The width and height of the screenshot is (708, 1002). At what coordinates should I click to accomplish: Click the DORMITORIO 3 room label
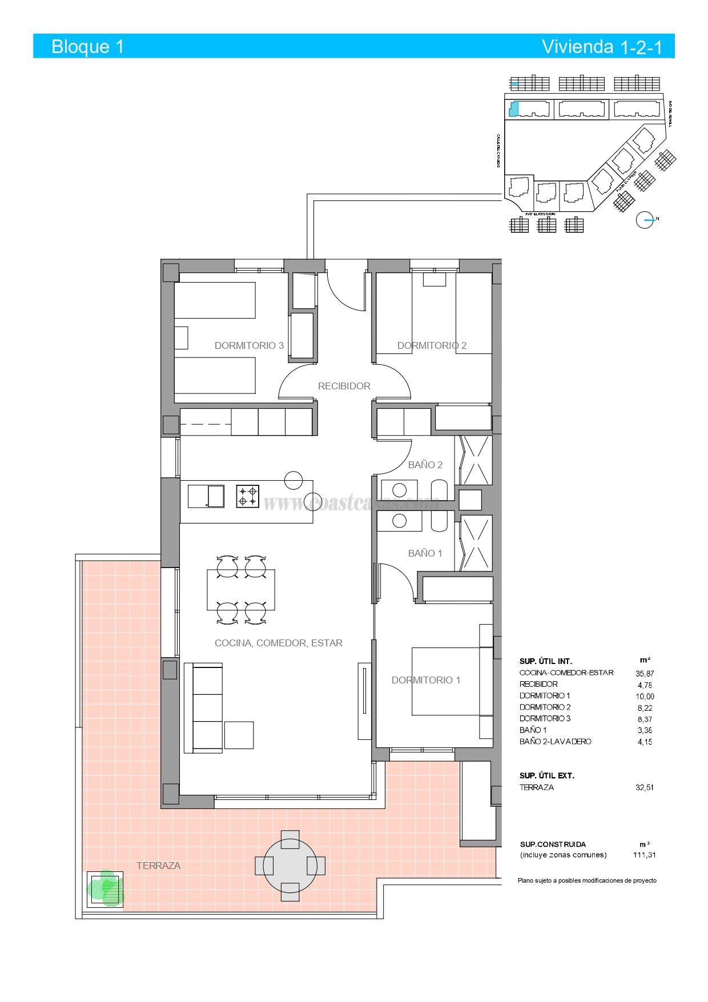pyautogui.click(x=249, y=345)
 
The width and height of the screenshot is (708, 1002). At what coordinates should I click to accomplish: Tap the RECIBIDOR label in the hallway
pyautogui.click(x=344, y=386)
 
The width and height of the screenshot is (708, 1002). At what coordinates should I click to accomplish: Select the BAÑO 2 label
pyautogui.click(x=425, y=465)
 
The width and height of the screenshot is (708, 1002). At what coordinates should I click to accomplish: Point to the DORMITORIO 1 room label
pyautogui.click(x=426, y=680)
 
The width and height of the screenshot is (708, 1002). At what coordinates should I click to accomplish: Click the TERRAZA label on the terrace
pyautogui.click(x=159, y=866)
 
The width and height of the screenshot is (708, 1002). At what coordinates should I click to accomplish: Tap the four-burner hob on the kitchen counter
pyautogui.click(x=248, y=496)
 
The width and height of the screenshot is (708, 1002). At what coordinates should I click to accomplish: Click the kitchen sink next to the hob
pyautogui.click(x=207, y=496)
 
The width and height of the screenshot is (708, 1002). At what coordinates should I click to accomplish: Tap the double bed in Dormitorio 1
pyautogui.click(x=445, y=681)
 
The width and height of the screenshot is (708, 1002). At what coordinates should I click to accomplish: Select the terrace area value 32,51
pyautogui.click(x=645, y=787)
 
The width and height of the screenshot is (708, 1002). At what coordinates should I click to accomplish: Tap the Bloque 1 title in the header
pyautogui.click(x=88, y=46)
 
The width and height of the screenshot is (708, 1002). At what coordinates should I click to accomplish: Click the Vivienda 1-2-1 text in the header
pyautogui.click(x=602, y=47)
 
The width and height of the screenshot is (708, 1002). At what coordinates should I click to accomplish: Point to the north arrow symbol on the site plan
pyautogui.click(x=645, y=220)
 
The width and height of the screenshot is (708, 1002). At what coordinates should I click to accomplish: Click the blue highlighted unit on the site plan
pyautogui.click(x=514, y=108)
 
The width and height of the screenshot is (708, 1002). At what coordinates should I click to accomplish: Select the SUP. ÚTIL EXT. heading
pyautogui.click(x=546, y=776)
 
